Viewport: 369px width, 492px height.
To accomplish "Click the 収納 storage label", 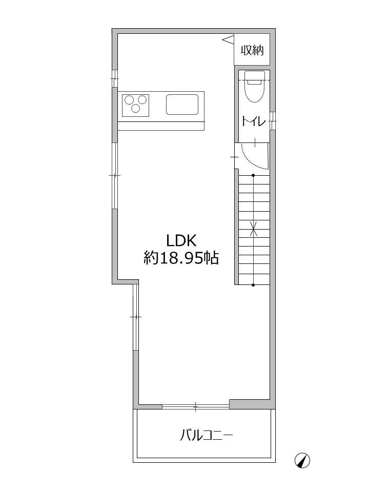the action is [252, 50].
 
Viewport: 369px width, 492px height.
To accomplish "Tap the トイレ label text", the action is [254, 121].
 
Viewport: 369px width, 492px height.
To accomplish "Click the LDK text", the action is [181, 241].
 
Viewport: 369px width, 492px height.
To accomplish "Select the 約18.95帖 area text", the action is [181, 258].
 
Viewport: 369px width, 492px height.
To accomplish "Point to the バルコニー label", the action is [206, 436].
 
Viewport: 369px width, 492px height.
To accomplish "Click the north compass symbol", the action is [302, 461].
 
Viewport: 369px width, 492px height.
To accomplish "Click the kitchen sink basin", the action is [182, 105].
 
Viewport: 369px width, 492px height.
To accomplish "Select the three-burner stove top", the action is [135, 106].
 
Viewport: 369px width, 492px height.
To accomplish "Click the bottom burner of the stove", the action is [135, 109].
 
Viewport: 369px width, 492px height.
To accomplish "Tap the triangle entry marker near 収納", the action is [228, 39].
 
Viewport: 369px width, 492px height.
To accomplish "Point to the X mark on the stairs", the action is [254, 229].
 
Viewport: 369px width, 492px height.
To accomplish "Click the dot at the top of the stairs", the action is [253, 175].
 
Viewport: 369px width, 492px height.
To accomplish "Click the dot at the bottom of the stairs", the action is [253, 285].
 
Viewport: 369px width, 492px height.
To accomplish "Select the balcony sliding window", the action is [196, 407].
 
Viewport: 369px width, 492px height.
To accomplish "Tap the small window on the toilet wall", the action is [273, 120].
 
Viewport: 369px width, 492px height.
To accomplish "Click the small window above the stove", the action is [115, 78].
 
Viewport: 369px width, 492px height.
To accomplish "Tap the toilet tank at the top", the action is [254, 75].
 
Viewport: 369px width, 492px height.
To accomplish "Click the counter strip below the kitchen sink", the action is [161, 126].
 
